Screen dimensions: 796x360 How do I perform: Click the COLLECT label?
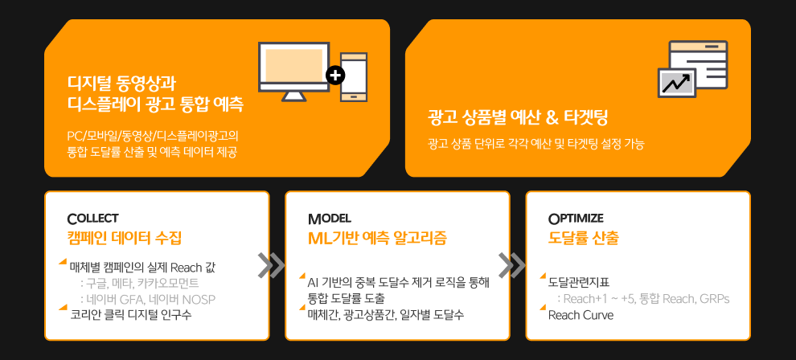click(92, 219)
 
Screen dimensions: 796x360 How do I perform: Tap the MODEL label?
click(329, 219)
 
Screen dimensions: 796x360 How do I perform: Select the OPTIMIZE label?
click(576, 219)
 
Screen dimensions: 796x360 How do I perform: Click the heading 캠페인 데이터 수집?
click(125, 238)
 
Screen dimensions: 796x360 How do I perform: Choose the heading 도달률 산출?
click(583, 238)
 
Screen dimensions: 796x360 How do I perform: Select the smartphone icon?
click(354, 77)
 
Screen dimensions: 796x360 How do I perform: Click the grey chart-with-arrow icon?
click(677, 82)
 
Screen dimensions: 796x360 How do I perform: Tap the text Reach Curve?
click(581, 315)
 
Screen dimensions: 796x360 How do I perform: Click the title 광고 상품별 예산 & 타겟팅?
click(518, 118)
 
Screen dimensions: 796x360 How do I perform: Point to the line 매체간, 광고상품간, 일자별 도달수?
click(386, 315)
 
